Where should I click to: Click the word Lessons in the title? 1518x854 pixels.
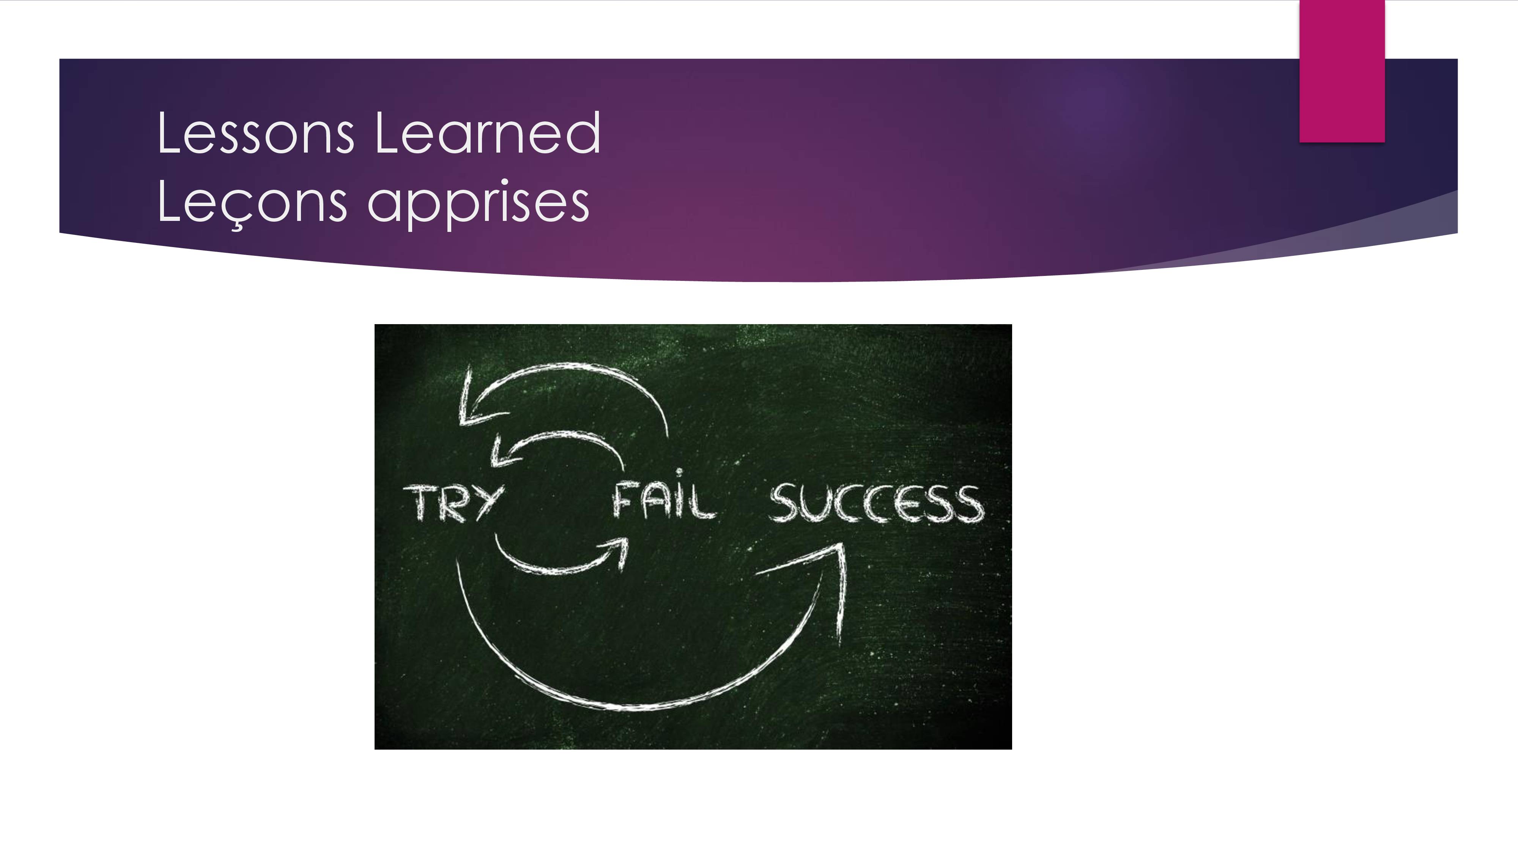(256, 134)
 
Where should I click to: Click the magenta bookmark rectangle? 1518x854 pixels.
(1342, 71)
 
